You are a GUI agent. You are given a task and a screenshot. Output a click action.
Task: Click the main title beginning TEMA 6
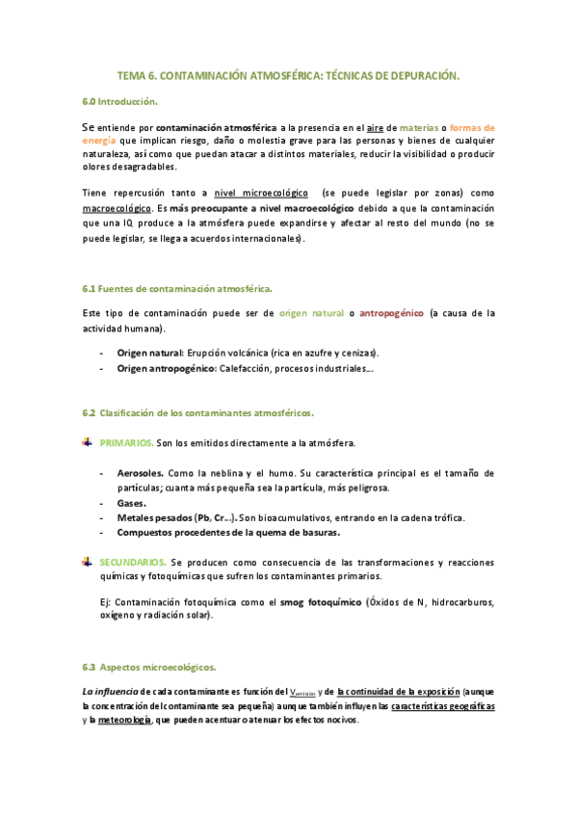click(288, 74)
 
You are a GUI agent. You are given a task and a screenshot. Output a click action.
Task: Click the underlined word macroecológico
click(116, 207)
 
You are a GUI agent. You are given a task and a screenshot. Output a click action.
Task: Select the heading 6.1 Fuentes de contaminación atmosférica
click(177, 288)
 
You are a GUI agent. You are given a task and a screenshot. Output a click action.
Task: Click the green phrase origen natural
click(311, 313)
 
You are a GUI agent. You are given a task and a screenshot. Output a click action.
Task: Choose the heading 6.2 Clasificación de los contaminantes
click(197, 412)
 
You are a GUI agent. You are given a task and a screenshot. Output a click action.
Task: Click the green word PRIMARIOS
click(126, 443)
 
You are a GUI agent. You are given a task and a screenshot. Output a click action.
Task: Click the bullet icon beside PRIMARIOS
click(88, 442)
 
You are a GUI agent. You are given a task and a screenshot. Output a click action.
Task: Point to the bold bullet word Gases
click(132, 503)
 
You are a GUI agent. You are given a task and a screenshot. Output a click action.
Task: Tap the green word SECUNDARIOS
click(134, 561)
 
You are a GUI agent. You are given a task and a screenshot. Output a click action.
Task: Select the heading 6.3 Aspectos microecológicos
click(149, 667)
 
